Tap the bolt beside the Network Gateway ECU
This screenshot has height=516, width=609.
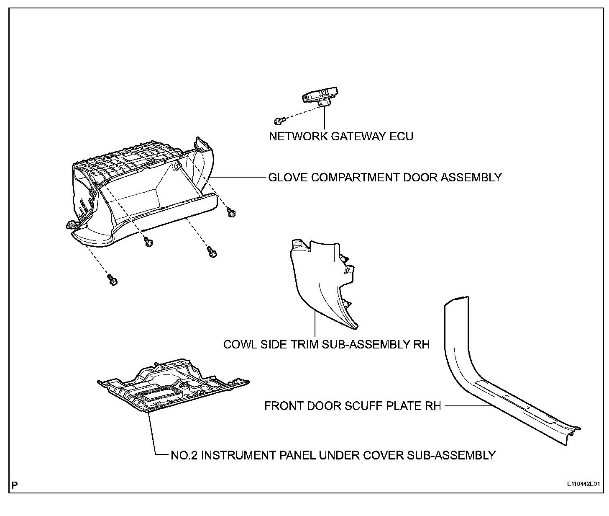point(279,121)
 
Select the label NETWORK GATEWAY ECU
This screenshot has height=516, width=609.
point(341,137)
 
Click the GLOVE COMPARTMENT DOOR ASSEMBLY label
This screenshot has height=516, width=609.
point(384,177)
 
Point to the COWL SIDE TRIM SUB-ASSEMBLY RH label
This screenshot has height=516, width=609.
point(326,345)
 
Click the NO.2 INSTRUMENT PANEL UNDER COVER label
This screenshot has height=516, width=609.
point(333,455)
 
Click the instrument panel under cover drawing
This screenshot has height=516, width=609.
point(171,387)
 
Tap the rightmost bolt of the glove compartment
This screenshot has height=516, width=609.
point(230,212)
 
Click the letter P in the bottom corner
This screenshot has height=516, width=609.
point(15,485)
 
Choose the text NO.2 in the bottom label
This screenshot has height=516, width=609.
point(184,455)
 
